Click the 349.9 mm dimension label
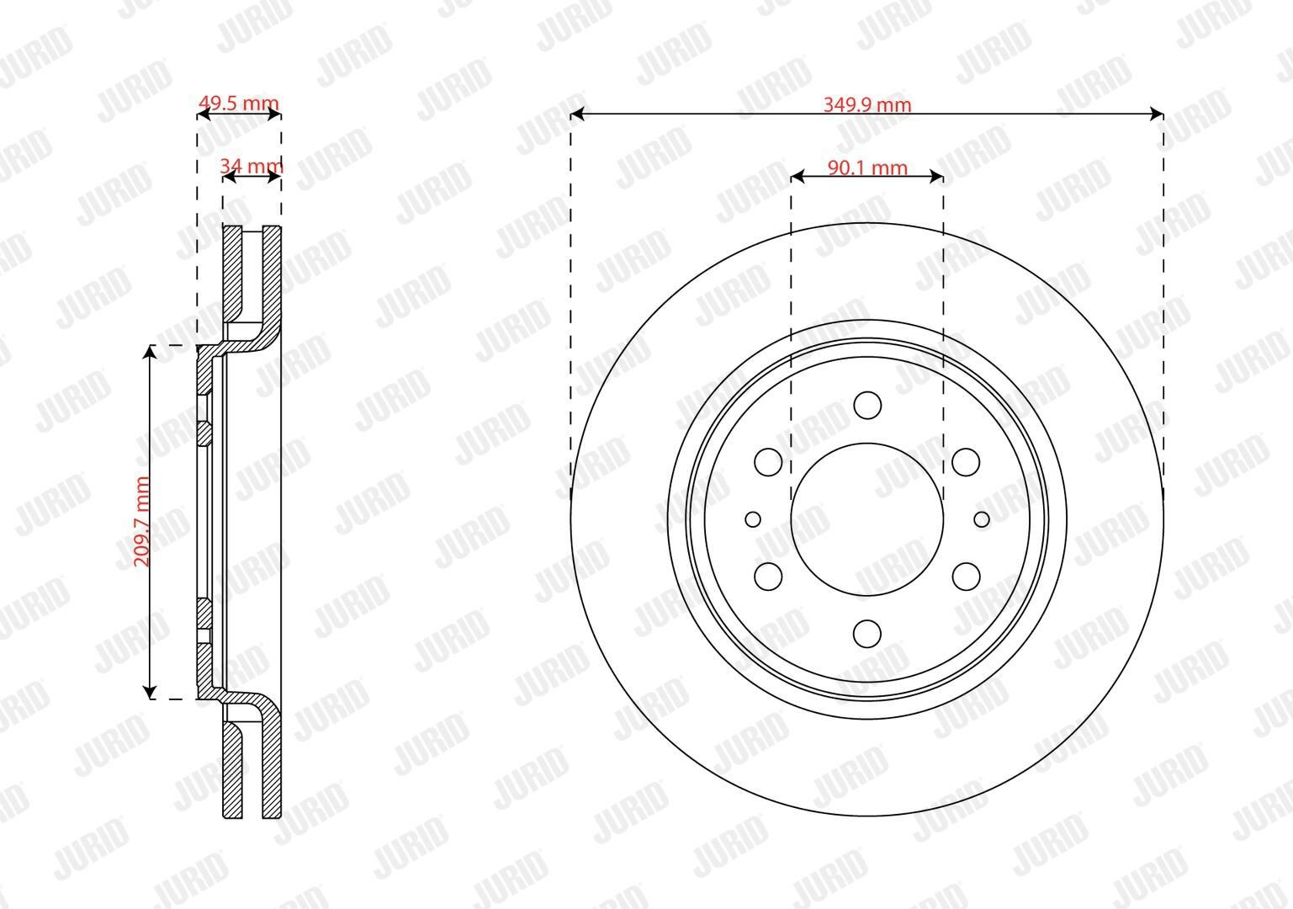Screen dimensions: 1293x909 [x=867, y=104]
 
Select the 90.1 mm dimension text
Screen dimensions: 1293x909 [x=867, y=167]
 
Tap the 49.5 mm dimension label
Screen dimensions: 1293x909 [x=238, y=104]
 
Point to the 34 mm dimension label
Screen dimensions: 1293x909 [x=251, y=167]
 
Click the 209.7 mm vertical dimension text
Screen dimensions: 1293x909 [x=141, y=522]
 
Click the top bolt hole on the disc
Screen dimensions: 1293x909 [x=867, y=405]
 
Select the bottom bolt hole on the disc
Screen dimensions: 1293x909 [x=867, y=634]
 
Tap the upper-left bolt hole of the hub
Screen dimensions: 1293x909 [x=768, y=462]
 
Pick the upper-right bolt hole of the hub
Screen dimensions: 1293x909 [x=966, y=462]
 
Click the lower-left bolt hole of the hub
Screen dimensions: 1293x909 [x=768, y=577]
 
